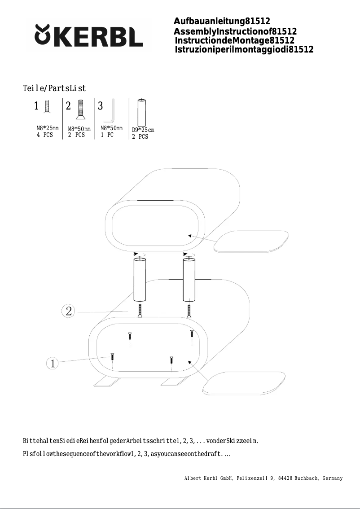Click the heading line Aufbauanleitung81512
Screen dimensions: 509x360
(x=222, y=22)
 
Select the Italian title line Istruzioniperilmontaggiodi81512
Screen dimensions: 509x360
(x=244, y=49)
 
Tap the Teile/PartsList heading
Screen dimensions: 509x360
(x=54, y=88)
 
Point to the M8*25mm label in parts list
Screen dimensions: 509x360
(x=48, y=128)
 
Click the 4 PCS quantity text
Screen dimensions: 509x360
(x=45, y=135)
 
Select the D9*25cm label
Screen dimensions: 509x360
(x=143, y=130)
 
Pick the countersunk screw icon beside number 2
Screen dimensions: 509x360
(x=81, y=110)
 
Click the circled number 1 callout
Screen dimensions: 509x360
(x=53, y=363)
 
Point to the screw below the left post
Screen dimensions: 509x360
(x=141, y=311)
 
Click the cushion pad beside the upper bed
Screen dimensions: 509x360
(x=250, y=241)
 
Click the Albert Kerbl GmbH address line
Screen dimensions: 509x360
(x=263, y=478)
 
